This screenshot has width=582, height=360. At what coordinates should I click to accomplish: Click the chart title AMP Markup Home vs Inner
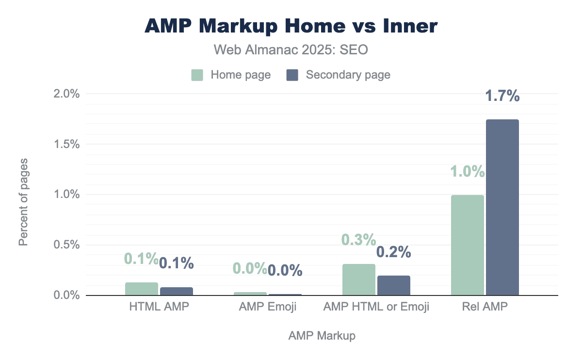coord(291,26)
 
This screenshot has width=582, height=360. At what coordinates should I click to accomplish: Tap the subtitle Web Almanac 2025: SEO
coord(291,49)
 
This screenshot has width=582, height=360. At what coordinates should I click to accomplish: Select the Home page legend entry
coord(231,75)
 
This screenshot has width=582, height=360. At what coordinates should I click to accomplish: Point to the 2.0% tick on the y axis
coord(66,94)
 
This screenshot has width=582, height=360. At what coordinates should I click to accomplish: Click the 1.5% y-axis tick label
coord(66,144)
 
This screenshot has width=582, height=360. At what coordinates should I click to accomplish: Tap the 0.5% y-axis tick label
coord(66,245)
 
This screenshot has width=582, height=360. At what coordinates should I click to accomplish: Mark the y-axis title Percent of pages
coord(23,201)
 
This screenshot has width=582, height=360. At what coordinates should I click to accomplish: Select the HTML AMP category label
coord(159,307)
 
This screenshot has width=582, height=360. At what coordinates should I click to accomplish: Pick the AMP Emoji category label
coord(268,307)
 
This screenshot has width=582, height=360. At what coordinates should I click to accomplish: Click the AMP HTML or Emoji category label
coord(376,307)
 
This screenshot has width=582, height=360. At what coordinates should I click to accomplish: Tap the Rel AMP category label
coord(485,307)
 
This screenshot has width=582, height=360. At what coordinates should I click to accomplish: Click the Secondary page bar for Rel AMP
coord(502,208)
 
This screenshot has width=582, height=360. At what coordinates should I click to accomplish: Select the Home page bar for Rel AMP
coord(468,245)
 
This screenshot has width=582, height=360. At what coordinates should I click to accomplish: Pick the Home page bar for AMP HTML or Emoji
coord(359,280)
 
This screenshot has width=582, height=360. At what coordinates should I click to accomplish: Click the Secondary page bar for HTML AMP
coord(177,292)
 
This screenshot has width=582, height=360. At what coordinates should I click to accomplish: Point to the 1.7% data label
coord(502,97)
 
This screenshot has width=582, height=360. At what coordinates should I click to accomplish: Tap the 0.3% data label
coord(359,240)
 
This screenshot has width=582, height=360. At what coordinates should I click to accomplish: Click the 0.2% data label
coord(394,252)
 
